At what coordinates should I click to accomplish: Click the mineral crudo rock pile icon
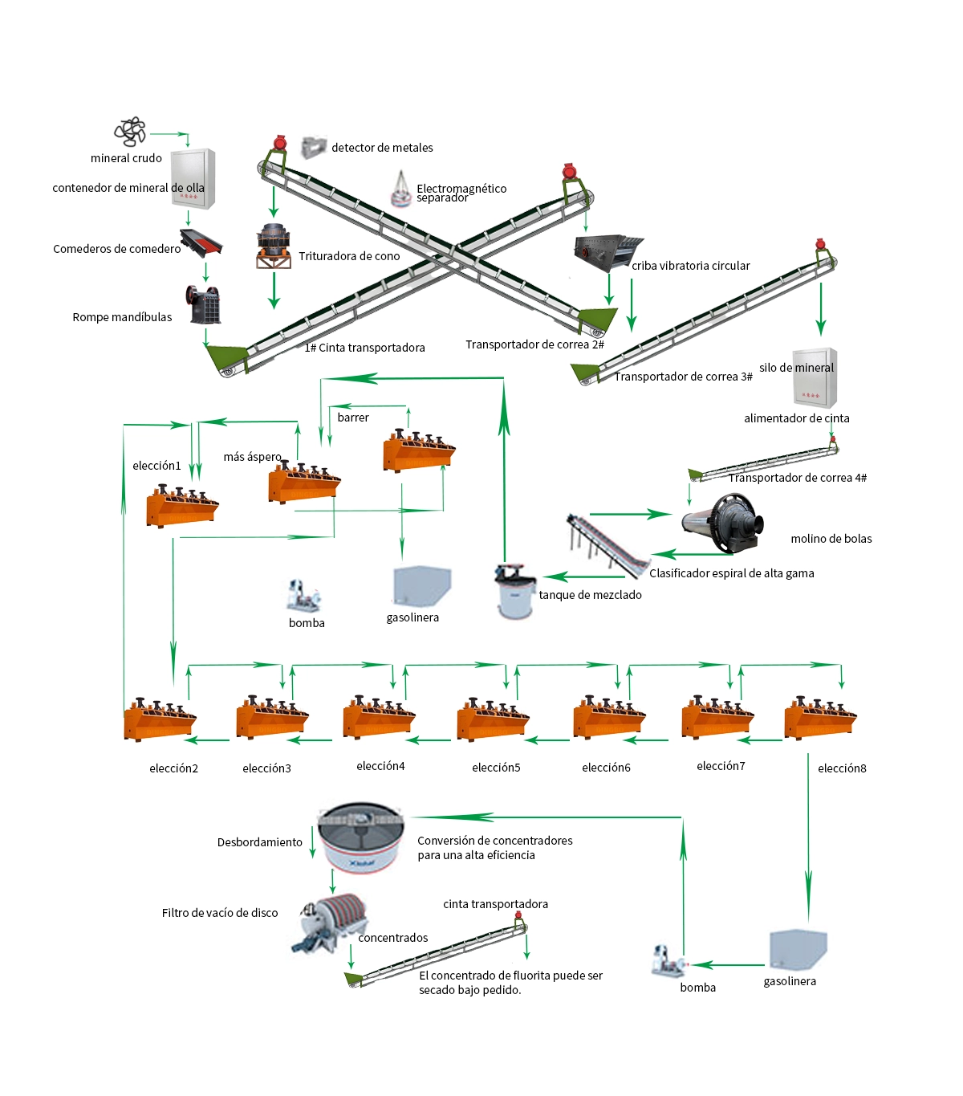(x=130, y=132)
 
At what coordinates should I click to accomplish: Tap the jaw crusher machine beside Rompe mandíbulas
(x=203, y=304)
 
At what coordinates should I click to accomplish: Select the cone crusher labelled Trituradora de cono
(x=274, y=246)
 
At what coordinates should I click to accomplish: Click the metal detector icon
(x=314, y=148)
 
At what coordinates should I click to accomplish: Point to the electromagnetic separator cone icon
(x=400, y=189)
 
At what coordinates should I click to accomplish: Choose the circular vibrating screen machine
(x=608, y=253)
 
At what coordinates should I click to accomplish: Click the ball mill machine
(x=722, y=524)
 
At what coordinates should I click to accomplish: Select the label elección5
(x=496, y=767)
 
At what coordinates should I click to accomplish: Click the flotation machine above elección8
(x=820, y=718)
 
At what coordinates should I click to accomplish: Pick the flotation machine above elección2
(x=160, y=719)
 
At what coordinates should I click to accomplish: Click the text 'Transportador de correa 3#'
(x=683, y=377)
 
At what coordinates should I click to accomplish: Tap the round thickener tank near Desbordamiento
(x=360, y=837)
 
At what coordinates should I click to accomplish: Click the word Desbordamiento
(x=259, y=842)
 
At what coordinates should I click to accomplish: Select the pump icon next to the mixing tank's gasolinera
(x=303, y=596)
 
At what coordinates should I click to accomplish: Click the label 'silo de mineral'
(x=796, y=368)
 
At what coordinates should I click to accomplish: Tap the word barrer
(x=353, y=418)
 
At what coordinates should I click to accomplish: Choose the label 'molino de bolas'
(x=831, y=539)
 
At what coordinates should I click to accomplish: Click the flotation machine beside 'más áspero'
(x=304, y=482)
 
